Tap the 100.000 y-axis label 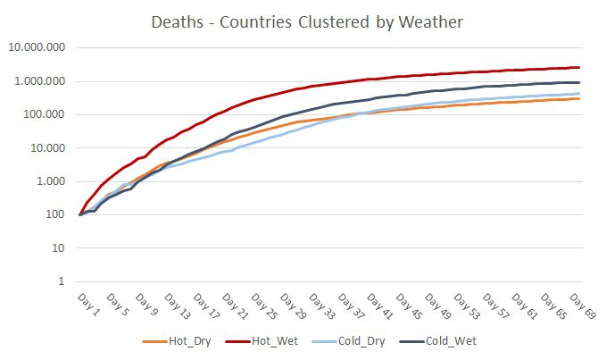click(x=44, y=114)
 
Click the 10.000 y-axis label click(x=47, y=147)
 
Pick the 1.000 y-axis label click(x=51, y=181)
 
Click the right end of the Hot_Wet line click(x=579, y=67)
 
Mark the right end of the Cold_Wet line click(x=579, y=82)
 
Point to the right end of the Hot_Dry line click(x=579, y=98)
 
